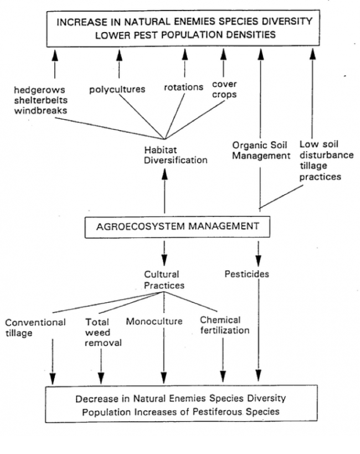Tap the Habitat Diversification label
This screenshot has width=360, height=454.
pyautogui.click(x=176, y=155)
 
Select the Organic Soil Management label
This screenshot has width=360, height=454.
pyautogui.click(x=261, y=150)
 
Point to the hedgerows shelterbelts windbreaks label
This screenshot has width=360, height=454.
pyautogui.click(x=41, y=100)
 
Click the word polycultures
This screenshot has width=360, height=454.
pyautogui.click(x=117, y=90)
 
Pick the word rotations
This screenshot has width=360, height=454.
pyautogui.click(x=184, y=87)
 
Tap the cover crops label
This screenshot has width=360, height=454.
pyautogui.click(x=224, y=89)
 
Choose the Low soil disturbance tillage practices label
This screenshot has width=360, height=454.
pyautogui.click(x=326, y=161)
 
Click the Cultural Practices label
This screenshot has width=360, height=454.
pyautogui.click(x=164, y=280)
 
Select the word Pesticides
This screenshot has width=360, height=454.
pyautogui.click(x=247, y=274)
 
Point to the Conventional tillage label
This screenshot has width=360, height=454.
pyautogui.click(x=35, y=328)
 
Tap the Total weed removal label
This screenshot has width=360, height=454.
pyautogui.click(x=103, y=332)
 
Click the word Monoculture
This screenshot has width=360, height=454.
pyautogui.click(x=154, y=321)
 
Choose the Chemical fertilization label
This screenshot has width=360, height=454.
pyautogui.click(x=225, y=325)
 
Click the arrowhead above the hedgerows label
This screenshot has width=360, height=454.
pyautogui.click(x=55, y=55)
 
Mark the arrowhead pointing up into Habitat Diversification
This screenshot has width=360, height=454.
pyautogui.click(x=164, y=174)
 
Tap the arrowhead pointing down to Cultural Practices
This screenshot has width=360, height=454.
pyautogui.click(x=164, y=260)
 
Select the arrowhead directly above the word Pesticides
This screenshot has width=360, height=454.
pyautogui.click(x=258, y=260)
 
